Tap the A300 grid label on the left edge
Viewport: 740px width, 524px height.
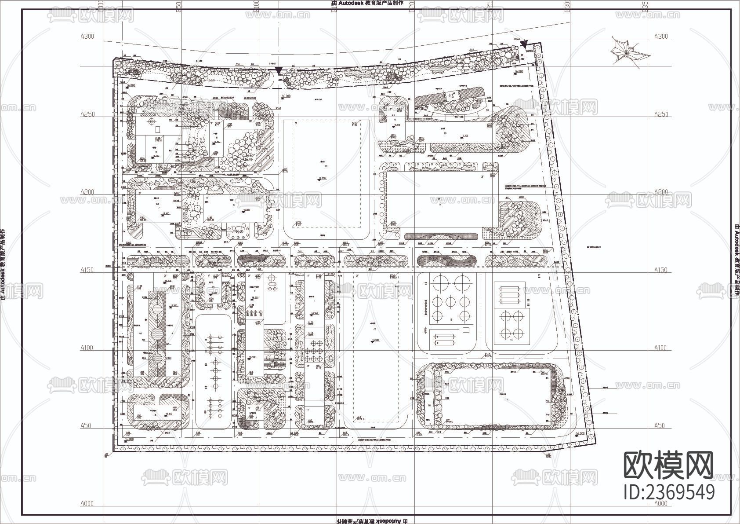pos(87,37)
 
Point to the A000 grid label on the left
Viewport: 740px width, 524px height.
pos(87,504)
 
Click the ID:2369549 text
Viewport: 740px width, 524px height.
pos(669,492)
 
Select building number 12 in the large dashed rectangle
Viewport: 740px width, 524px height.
pos(326,166)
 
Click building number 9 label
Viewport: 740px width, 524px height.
pos(439,205)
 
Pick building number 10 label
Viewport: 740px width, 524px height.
pos(445,133)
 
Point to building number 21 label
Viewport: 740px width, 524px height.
pos(374,329)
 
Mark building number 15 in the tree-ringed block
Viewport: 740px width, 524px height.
pos(507,399)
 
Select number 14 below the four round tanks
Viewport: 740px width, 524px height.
pos(511,340)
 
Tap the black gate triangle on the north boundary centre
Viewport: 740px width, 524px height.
pos(279,70)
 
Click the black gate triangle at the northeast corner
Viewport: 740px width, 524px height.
pos(524,43)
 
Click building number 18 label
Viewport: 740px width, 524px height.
pos(155,414)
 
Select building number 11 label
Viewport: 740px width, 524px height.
pos(395,120)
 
